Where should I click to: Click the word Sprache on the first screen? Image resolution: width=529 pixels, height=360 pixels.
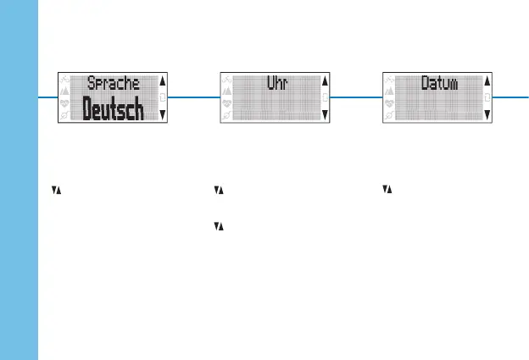click(113, 84)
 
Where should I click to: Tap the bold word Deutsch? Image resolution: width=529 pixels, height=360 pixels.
click(113, 109)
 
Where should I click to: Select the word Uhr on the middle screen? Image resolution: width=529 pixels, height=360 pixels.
click(276, 84)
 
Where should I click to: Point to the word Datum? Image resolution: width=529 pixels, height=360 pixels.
click(439, 84)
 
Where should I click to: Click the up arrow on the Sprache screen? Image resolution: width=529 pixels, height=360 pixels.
click(163, 82)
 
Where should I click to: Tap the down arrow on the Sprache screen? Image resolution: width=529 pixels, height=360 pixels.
click(163, 114)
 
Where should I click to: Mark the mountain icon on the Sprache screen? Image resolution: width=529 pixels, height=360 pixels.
click(65, 91)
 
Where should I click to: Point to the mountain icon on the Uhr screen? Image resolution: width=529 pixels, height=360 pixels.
click(227, 91)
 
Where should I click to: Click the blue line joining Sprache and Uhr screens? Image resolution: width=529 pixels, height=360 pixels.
click(194, 97)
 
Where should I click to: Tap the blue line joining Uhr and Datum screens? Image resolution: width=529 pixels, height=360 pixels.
click(357, 97)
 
